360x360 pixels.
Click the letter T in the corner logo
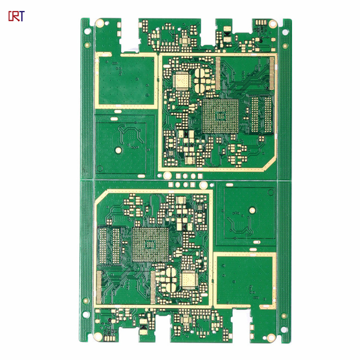[21, 16]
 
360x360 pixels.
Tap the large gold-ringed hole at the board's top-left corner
[99, 23]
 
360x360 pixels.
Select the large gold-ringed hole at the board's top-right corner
[273, 24]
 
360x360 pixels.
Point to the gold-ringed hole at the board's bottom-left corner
[98, 336]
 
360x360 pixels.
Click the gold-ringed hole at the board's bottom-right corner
[271, 337]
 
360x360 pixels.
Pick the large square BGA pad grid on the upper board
[220, 116]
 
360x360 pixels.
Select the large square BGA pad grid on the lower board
[150, 244]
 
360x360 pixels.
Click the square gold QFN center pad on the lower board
[189, 279]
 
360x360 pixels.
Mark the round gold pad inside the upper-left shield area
[118, 150]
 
